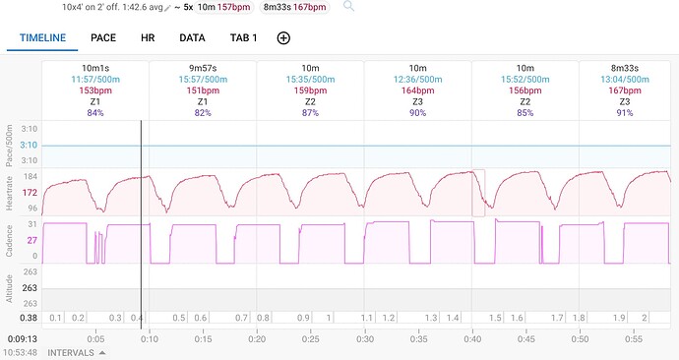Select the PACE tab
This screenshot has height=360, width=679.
[104, 38]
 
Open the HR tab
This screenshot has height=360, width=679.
[148, 38]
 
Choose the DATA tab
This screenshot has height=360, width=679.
[192, 38]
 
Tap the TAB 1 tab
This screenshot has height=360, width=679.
[243, 38]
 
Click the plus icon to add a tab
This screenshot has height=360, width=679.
[283, 38]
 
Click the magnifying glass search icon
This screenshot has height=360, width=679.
[348, 6]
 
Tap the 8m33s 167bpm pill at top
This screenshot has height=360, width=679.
[295, 6]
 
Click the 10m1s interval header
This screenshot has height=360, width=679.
[95, 67]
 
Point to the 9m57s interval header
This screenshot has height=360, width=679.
[203, 67]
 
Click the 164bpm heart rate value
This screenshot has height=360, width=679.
[417, 90]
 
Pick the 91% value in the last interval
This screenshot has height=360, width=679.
[633, 112]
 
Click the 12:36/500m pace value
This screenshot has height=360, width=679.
[417, 79]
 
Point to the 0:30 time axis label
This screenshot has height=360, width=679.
[364, 338]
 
